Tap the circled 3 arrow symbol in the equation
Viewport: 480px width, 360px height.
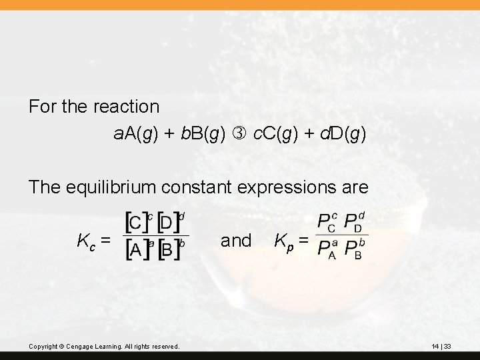(x=240, y=134)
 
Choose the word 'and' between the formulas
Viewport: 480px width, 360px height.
(x=235, y=240)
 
